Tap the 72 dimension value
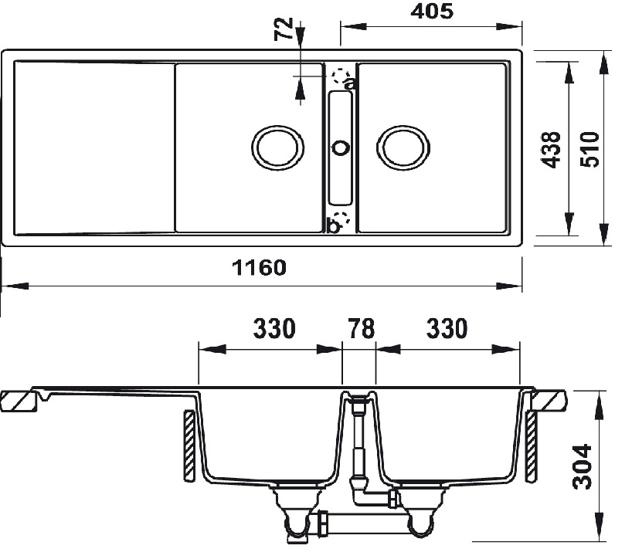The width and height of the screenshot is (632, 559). (284, 30)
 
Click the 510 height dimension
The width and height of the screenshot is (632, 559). (589, 148)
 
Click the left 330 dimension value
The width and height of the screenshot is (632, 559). (274, 328)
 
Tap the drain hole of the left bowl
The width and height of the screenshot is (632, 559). (277, 147)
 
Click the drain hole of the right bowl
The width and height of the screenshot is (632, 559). (403, 147)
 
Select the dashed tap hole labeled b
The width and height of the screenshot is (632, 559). (340, 219)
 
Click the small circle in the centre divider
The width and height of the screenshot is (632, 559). (340, 147)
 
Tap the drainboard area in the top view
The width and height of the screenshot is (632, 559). (93, 147)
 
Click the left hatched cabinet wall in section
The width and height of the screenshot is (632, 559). (188, 446)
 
